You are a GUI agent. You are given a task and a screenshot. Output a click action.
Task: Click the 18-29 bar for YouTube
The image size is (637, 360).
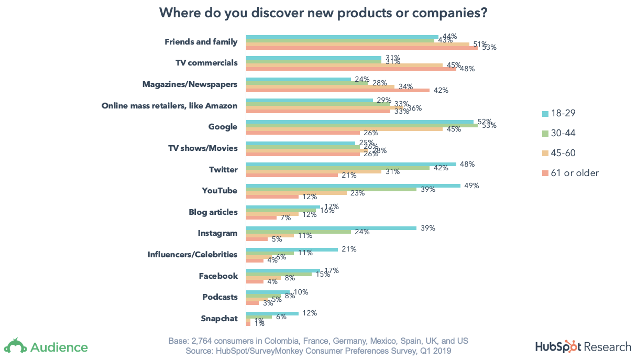353,185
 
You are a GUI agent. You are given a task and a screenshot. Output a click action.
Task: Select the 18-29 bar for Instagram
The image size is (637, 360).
331,228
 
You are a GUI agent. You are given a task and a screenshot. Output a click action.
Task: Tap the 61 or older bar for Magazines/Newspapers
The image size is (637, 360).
338,90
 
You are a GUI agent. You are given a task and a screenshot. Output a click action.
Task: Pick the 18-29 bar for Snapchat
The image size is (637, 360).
272,313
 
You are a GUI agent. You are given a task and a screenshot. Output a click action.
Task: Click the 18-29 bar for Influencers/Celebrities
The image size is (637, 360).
292,249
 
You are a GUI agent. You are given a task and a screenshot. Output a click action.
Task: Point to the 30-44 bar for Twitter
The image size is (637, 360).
338,168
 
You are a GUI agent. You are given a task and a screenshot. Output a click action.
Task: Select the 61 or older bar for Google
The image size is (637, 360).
303,133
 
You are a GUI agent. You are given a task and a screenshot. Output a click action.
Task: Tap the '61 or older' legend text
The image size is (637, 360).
575,173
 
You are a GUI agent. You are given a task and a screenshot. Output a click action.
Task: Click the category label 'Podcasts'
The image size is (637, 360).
220,297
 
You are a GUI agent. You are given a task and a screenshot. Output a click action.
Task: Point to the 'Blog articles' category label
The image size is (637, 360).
213,212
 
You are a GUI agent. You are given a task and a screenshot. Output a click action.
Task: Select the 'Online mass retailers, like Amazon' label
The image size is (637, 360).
169,106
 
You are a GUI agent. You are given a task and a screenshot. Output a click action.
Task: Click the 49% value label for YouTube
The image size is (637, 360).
471,186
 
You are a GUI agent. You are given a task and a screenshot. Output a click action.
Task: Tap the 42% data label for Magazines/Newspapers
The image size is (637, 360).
441,91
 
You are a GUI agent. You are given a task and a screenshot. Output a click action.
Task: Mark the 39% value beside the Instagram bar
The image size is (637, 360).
427,228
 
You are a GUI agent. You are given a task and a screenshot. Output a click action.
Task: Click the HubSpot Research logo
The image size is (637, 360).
583,347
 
